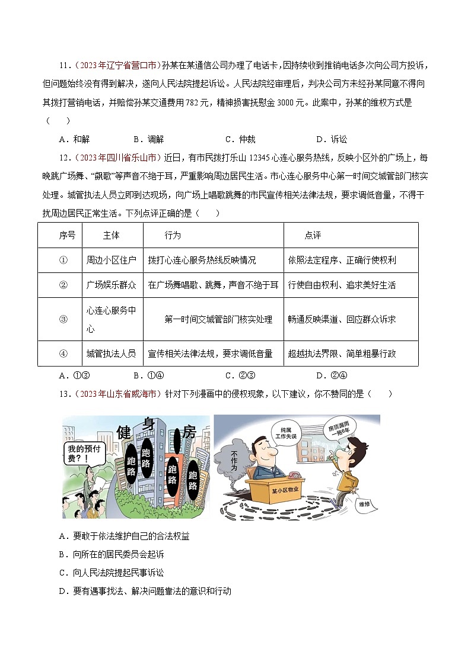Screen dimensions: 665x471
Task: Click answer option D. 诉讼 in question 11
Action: [332, 139]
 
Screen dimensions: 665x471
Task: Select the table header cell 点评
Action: [313, 235]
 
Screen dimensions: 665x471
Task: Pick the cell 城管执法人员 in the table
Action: [111, 354]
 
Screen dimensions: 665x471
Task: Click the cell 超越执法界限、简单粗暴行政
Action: [342, 354]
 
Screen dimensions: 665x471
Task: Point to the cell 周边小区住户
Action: [111, 260]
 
